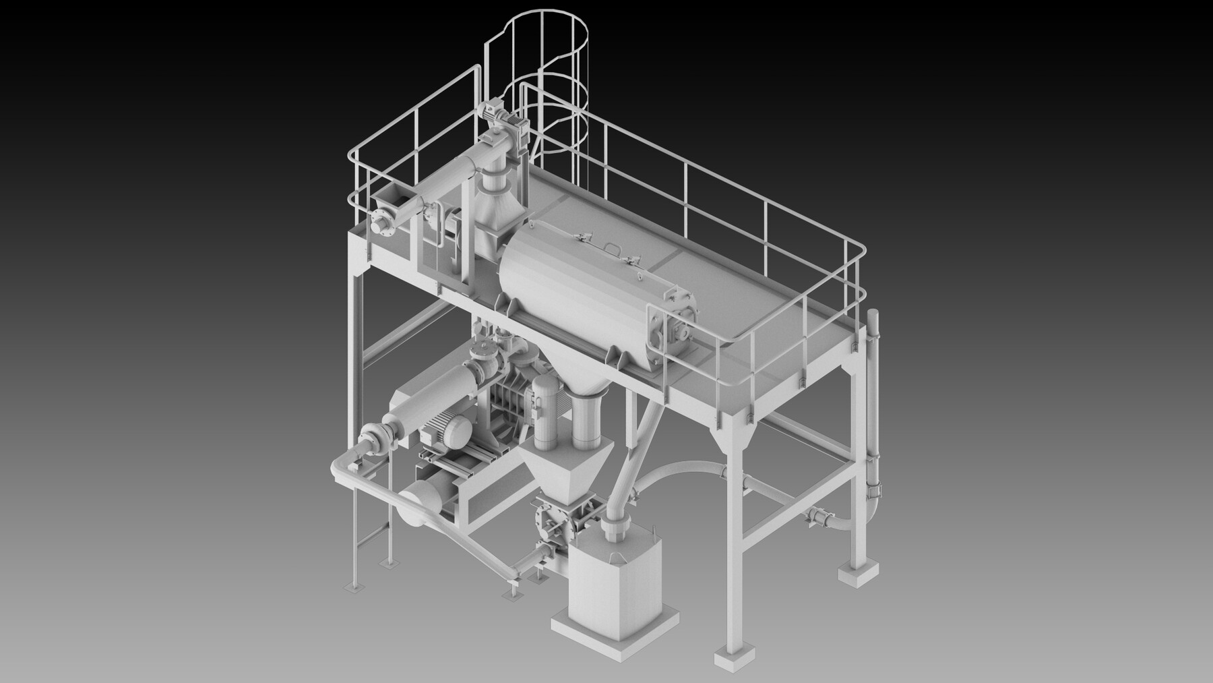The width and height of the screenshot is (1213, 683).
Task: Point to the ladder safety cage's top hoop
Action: point(536,27)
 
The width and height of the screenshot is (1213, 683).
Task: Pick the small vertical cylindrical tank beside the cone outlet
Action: point(542,411)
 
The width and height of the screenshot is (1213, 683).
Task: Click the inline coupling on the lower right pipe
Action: point(817,518)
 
